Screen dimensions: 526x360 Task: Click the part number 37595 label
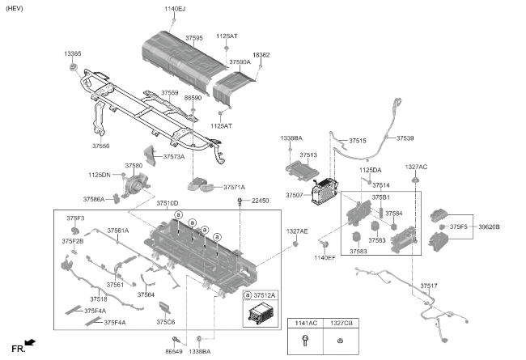coord(194,38)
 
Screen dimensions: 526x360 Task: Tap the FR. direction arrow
coord(30,342)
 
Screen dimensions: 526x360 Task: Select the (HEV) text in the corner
coord(14,8)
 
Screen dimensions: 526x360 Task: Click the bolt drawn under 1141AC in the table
coord(305,341)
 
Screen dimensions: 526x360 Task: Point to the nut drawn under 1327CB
coord(340,341)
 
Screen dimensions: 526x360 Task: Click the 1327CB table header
coord(341,323)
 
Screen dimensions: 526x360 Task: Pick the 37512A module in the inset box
coord(261,313)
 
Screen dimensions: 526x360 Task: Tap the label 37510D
coord(168,203)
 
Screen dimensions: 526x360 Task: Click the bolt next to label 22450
coord(240,201)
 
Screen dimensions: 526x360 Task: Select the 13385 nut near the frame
coord(73,67)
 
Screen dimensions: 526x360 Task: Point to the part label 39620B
coord(489,227)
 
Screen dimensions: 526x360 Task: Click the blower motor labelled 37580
coord(135,184)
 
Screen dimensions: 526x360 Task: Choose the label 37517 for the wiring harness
coord(429,286)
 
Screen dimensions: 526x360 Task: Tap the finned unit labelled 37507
coord(325,191)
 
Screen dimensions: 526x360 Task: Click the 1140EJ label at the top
coord(175,9)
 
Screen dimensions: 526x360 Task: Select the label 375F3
coord(75,218)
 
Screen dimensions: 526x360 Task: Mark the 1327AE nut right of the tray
coord(295,244)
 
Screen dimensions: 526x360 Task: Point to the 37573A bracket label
coord(174,157)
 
